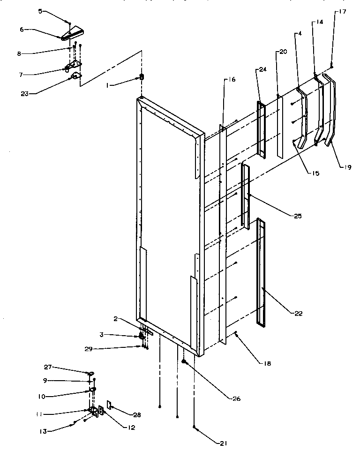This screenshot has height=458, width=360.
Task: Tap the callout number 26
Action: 236,399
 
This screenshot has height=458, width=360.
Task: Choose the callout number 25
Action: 298,217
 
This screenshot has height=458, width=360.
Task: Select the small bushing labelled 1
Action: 141,77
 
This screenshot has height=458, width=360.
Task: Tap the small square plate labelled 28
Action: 109,404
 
